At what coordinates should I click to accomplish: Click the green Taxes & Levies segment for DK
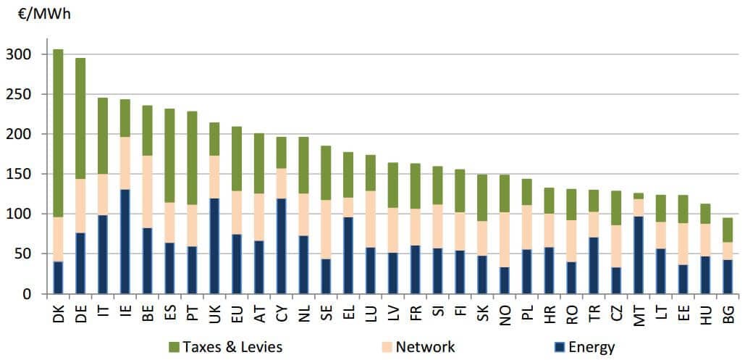(x=58, y=133)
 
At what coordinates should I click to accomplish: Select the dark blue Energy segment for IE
(x=125, y=241)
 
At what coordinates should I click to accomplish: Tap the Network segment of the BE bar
(x=148, y=192)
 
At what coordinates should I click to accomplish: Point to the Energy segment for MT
(x=638, y=254)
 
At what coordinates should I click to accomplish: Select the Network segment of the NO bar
(x=503, y=240)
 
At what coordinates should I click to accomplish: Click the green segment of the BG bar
(x=728, y=230)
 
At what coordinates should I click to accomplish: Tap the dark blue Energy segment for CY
(x=282, y=246)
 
